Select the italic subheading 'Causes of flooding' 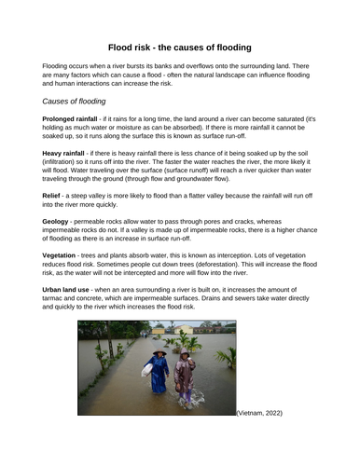pyautogui.click(x=75, y=100)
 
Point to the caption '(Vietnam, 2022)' pyautogui.click(x=259, y=412)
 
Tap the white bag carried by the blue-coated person pyautogui.click(x=146, y=370)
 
